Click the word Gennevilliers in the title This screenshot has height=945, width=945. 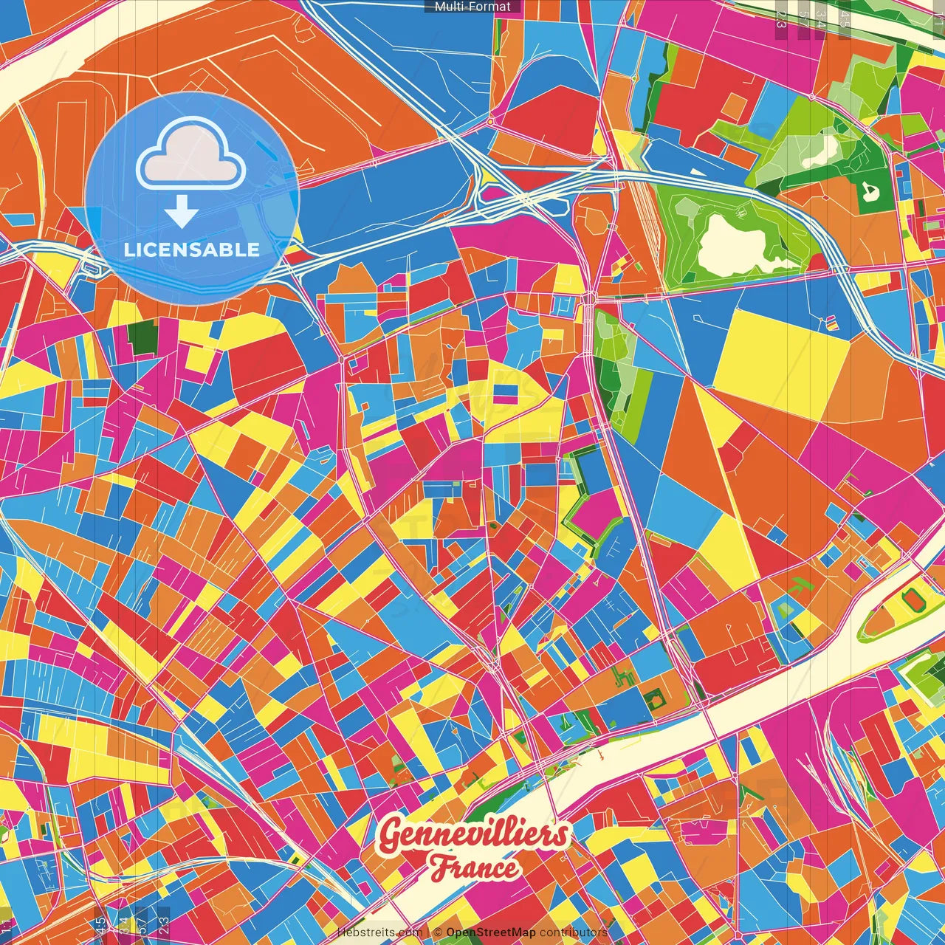pos(472,835)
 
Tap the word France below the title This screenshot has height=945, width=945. pos(474,867)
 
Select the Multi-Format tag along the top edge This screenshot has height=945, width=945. pos(472,7)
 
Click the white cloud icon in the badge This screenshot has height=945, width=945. pos(191,157)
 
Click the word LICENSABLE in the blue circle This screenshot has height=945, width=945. pos(192,250)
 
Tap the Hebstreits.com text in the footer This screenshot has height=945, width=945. pos(379,932)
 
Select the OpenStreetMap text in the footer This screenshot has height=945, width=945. pos(491,932)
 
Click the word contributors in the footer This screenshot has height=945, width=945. pos(573,932)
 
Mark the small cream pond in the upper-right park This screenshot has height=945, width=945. pos(820,151)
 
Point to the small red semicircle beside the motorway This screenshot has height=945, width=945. pos(815,262)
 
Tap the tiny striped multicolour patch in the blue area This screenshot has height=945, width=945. pos(831,323)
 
